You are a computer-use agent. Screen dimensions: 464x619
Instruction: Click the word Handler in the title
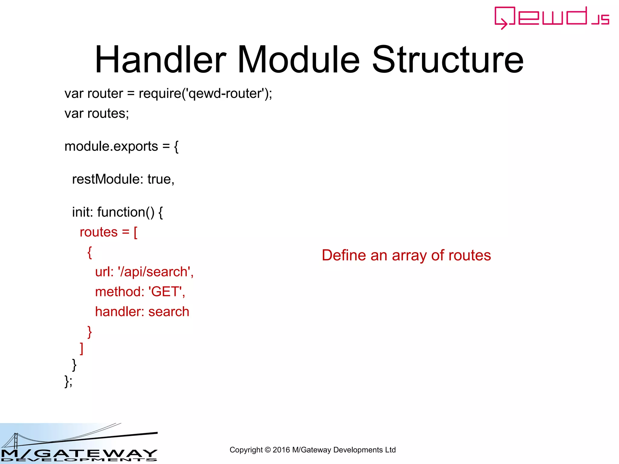click(160, 60)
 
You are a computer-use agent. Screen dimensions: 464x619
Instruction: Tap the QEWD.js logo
click(552, 18)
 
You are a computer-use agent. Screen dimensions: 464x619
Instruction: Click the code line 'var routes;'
click(97, 114)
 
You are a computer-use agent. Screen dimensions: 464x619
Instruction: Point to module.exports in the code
click(111, 147)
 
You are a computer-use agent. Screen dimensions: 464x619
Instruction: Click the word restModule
click(106, 179)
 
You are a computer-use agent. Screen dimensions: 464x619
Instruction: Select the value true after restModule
click(159, 179)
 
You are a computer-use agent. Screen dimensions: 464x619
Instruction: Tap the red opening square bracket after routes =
click(135, 233)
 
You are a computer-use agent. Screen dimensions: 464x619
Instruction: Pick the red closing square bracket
click(81, 348)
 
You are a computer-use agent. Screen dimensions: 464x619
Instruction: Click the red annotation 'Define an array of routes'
click(406, 255)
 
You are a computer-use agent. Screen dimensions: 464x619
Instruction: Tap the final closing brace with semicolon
click(68, 381)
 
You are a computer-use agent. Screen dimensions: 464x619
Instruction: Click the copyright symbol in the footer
click(267, 450)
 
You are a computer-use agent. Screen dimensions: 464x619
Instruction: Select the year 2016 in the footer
click(281, 450)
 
